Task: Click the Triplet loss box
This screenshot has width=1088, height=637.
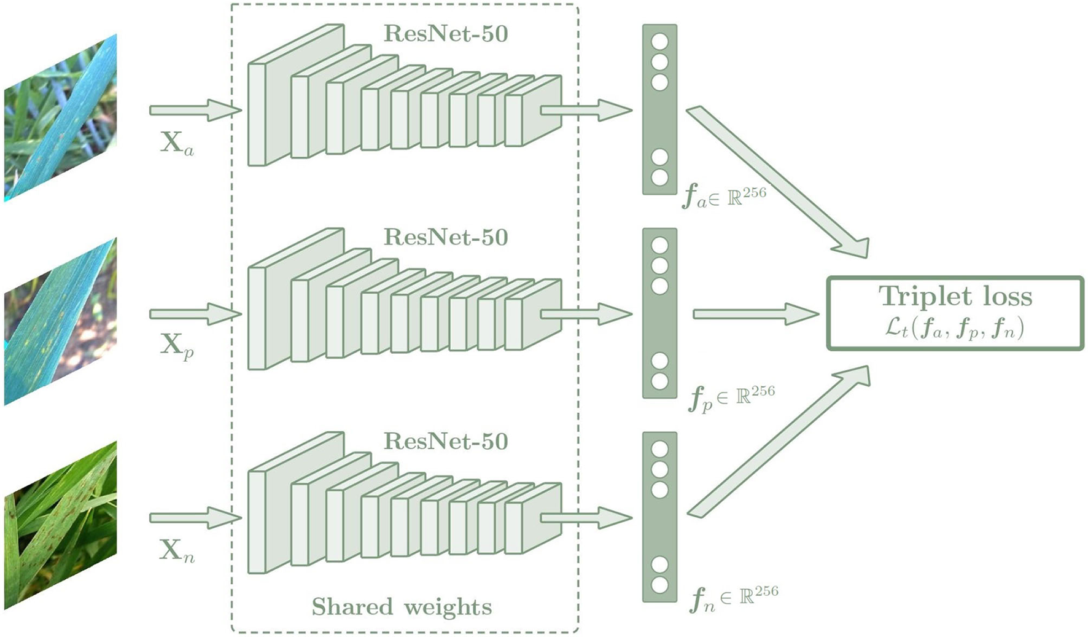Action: (955, 313)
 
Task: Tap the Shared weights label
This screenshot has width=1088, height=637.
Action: (402, 607)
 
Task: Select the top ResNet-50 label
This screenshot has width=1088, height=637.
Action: (446, 34)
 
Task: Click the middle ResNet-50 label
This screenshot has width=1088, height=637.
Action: (446, 238)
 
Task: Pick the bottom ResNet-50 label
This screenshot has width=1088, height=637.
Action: (446, 442)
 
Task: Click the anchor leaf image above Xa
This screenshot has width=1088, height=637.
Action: (60, 118)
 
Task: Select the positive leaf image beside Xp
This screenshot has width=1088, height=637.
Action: (60, 322)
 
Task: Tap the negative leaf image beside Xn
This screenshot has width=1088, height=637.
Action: (60, 526)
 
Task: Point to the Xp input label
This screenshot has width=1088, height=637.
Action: (177, 346)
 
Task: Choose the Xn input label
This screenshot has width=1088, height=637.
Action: (177, 550)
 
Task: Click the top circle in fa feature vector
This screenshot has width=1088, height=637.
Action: (659, 42)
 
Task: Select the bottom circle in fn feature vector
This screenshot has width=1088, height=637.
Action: (659, 585)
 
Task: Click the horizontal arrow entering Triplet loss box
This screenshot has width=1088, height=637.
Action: (755, 314)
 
